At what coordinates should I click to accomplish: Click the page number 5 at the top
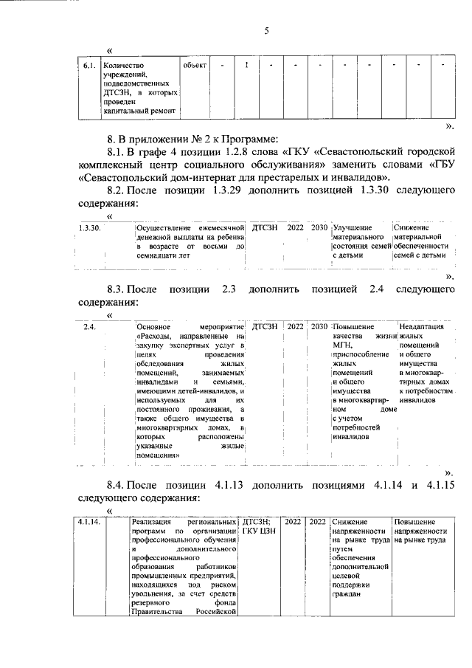click(x=267, y=30)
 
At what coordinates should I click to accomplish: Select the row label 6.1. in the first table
click(x=88, y=65)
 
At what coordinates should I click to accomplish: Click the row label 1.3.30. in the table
click(x=90, y=228)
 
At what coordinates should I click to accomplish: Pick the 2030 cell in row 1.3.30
click(x=319, y=228)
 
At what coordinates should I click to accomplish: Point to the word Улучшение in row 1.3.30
click(x=353, y=228)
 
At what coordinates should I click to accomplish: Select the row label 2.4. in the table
click(x=90, y=326)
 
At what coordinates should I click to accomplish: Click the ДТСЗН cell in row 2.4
click(x=265, y=326)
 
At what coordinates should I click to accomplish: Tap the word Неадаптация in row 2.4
click(x=420, y=326)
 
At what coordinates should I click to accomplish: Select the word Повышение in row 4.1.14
click(x=416, y=522)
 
